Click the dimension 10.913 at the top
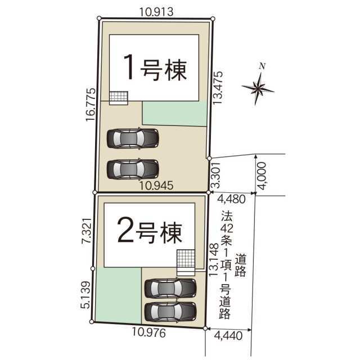tap(156, 12)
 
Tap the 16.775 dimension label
tap(91, 105)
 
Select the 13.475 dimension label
tap(218, 88)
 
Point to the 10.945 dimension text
tap(156, 186)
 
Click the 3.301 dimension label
tap(216, 175)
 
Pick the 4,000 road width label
tap(262, 176)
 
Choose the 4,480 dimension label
tap(231, 199)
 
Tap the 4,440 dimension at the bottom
tap(228, 336)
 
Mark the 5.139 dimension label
tap(85, 295)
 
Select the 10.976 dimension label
tap(148, 333)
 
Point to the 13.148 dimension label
tap(214, 260)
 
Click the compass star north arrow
tap(258, 88)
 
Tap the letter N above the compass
tap(262, 66)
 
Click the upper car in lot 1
tap(133, 138)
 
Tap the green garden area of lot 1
tap(175, 114)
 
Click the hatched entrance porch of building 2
tap(186, 263)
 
